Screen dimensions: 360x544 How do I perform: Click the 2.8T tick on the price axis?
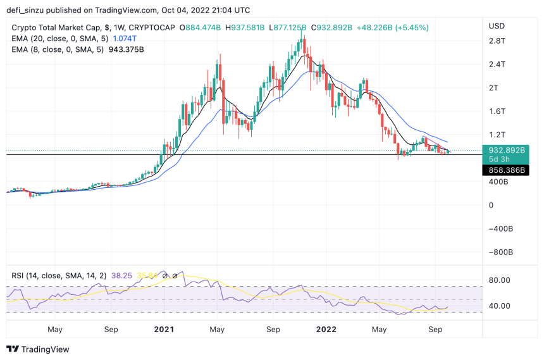coord(497,40)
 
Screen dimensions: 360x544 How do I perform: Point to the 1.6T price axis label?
coord(497,111)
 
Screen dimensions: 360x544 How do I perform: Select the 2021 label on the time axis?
coord(164,329)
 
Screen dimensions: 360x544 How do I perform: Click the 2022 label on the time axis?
coord(326,329)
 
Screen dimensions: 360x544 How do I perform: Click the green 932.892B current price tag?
coord(505,151)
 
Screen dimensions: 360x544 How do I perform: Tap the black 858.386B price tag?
coord(505,170)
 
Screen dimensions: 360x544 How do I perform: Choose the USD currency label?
coord(497,26)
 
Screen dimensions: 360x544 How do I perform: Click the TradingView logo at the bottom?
coord(38,349)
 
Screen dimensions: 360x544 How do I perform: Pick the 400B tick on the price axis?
coord(498,182)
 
